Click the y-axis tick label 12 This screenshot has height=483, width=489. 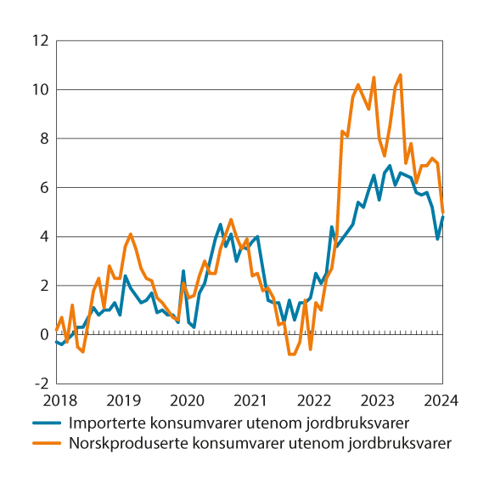39,41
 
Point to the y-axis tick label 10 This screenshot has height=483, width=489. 39,90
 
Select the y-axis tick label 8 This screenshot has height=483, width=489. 42,139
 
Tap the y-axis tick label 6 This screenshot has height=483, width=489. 42,188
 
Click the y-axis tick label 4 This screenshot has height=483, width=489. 42,236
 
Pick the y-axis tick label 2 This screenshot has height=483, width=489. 42,286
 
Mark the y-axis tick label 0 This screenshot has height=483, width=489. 42,335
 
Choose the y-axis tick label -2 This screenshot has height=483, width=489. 40,384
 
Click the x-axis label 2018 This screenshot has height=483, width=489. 57,400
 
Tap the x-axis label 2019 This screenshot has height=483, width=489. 121,400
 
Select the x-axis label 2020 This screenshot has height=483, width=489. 186,400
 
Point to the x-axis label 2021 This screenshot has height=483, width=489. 250,400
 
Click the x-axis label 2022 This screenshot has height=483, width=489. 314,400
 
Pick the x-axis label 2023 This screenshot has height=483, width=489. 379,400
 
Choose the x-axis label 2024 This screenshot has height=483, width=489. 442,400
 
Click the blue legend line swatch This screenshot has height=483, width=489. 48,423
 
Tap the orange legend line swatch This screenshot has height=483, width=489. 48,442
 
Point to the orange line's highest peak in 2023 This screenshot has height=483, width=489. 401,75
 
